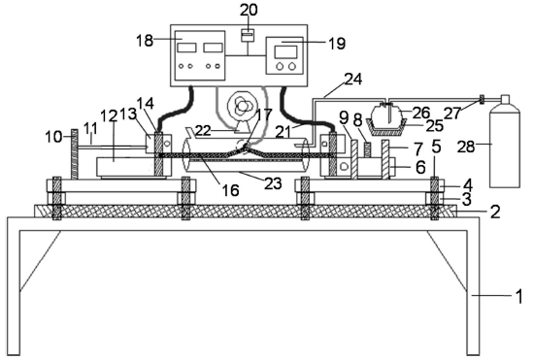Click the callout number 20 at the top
click(249, 10)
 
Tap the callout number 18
click(145, 41)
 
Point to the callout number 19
click(337, 44)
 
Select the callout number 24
click(353, 80)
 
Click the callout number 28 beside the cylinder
click(466, 147)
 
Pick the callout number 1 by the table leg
click(519, 296)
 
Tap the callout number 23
click(274, 183)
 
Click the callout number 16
click(230, 190)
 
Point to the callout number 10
click(53, 137)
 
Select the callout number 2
click(495, 212)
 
